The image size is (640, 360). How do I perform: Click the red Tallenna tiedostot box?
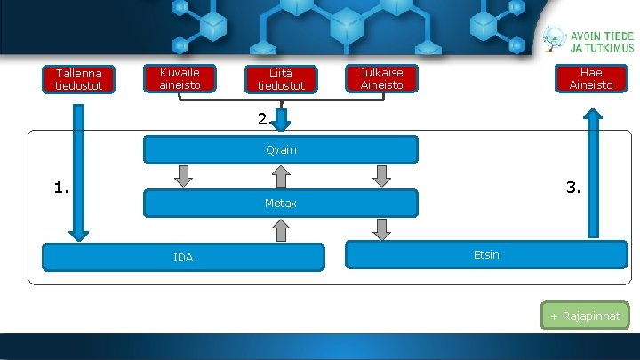click(78, 79)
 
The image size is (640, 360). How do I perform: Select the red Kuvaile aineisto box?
click(180, 78)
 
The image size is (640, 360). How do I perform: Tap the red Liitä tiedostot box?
click(281, 79)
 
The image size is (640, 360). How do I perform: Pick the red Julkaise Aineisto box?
click(381, 78)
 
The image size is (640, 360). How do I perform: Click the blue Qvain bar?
click(281, 149)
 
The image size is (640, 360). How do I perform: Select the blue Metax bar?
click(281, 204)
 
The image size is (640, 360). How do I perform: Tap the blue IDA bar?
click(183, 257)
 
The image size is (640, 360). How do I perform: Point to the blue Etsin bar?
click(486, 255)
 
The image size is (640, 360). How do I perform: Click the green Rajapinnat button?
click(585, 316)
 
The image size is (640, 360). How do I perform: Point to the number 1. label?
click(61, 188)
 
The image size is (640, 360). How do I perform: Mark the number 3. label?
click(573, 188)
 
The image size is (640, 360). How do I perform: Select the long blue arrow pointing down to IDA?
click(79, 173)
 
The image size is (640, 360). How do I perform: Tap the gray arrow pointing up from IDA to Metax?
click(281, 230)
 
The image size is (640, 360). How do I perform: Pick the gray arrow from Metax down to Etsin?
click(382, 229)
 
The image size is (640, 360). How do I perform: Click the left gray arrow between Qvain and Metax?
click(183, 176)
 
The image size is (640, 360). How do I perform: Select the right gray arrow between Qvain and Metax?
click(382, 176)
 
